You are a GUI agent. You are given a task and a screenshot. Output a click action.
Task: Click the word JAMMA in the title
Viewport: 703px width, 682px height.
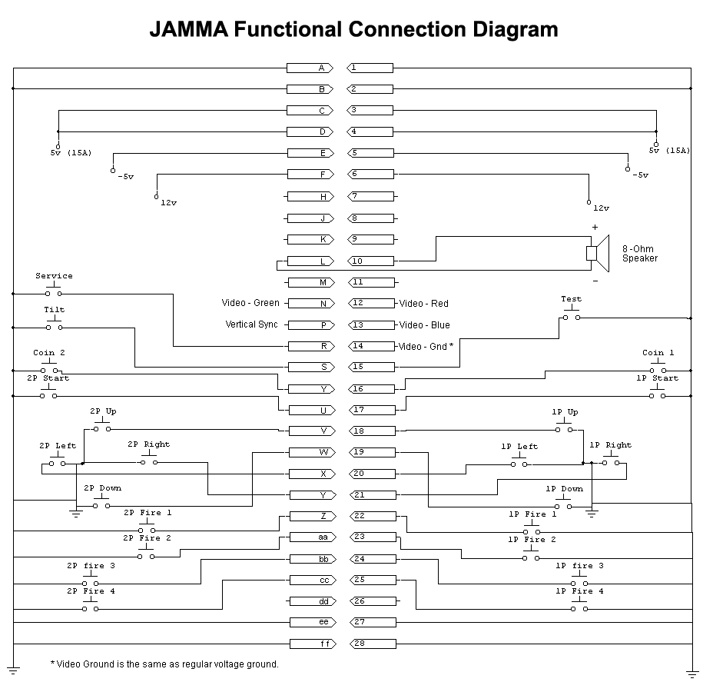coord(187,30)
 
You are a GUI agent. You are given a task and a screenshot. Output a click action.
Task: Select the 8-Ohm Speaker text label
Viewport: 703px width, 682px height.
coord(639,254)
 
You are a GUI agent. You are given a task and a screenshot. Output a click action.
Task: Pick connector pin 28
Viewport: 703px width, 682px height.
coord(372,644)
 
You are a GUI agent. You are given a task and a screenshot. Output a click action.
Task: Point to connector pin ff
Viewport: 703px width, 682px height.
coord(312,644)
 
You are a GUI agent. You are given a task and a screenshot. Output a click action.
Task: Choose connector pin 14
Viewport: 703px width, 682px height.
coord(372,347)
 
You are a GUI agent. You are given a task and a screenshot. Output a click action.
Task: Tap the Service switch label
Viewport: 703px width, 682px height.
coord(54,276)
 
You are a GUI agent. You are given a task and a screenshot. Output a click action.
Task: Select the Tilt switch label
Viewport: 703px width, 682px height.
coord(55,310)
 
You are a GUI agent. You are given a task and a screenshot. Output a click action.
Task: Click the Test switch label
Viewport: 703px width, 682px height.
coord(571,299)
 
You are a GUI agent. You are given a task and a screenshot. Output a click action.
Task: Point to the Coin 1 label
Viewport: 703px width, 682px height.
coord(658,353)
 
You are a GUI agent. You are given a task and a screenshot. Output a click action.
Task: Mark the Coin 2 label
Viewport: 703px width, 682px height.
coord(49,353)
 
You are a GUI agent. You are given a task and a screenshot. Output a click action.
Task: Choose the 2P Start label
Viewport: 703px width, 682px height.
coord(48,378)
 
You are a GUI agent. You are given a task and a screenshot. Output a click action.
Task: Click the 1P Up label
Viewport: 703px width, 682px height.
coord(565,412)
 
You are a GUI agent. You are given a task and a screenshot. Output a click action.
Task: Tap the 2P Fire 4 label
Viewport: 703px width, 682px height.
coord(91,591)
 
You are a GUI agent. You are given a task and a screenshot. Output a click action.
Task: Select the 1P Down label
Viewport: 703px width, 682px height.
coord(564,489)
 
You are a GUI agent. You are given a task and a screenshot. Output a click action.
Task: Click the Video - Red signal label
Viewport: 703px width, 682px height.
coord(423,304)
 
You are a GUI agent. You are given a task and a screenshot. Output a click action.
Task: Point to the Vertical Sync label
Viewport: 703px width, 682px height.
coord(251,324)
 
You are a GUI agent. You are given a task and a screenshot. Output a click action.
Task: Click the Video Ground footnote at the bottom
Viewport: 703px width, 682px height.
coord(164,664)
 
